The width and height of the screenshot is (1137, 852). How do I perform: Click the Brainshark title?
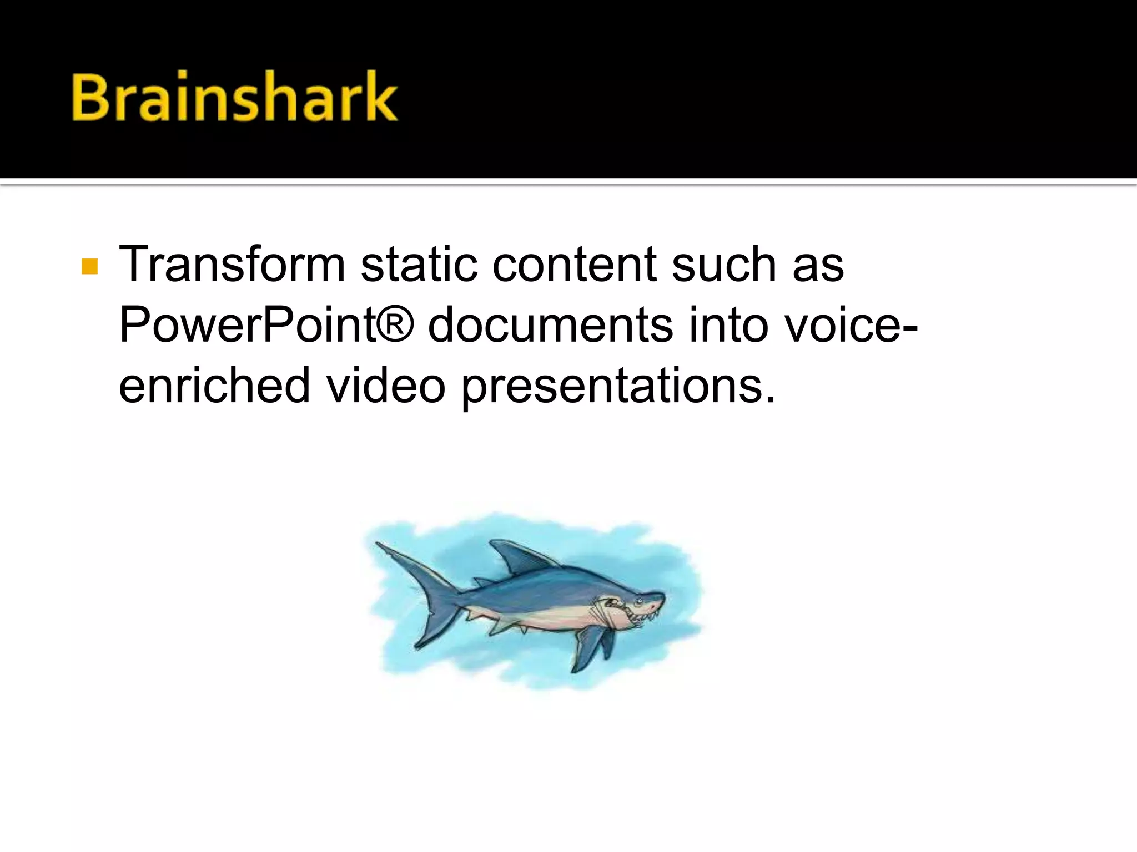234,97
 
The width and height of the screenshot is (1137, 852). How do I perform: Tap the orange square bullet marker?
89,267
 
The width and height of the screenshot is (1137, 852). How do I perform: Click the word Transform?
232,265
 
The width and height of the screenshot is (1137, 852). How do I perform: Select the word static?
419,265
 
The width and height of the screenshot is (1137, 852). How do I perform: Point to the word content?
574,265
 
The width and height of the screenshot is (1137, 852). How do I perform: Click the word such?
723,265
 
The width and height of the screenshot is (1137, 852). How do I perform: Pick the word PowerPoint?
247,325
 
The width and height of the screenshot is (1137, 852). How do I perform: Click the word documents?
550,325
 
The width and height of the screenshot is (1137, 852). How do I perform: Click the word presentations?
618,387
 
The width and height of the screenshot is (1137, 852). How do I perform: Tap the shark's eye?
639,600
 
